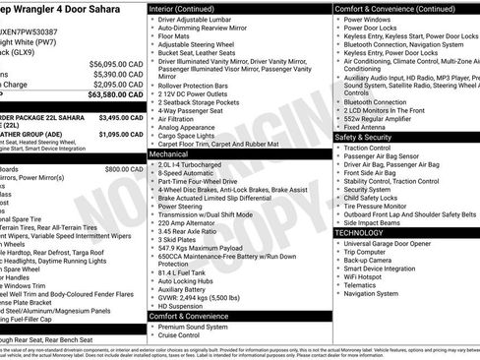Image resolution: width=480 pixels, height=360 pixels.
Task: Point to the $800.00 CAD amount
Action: (x=124, y=169)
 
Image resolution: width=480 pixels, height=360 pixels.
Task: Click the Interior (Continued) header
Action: (x=188, y=8)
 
